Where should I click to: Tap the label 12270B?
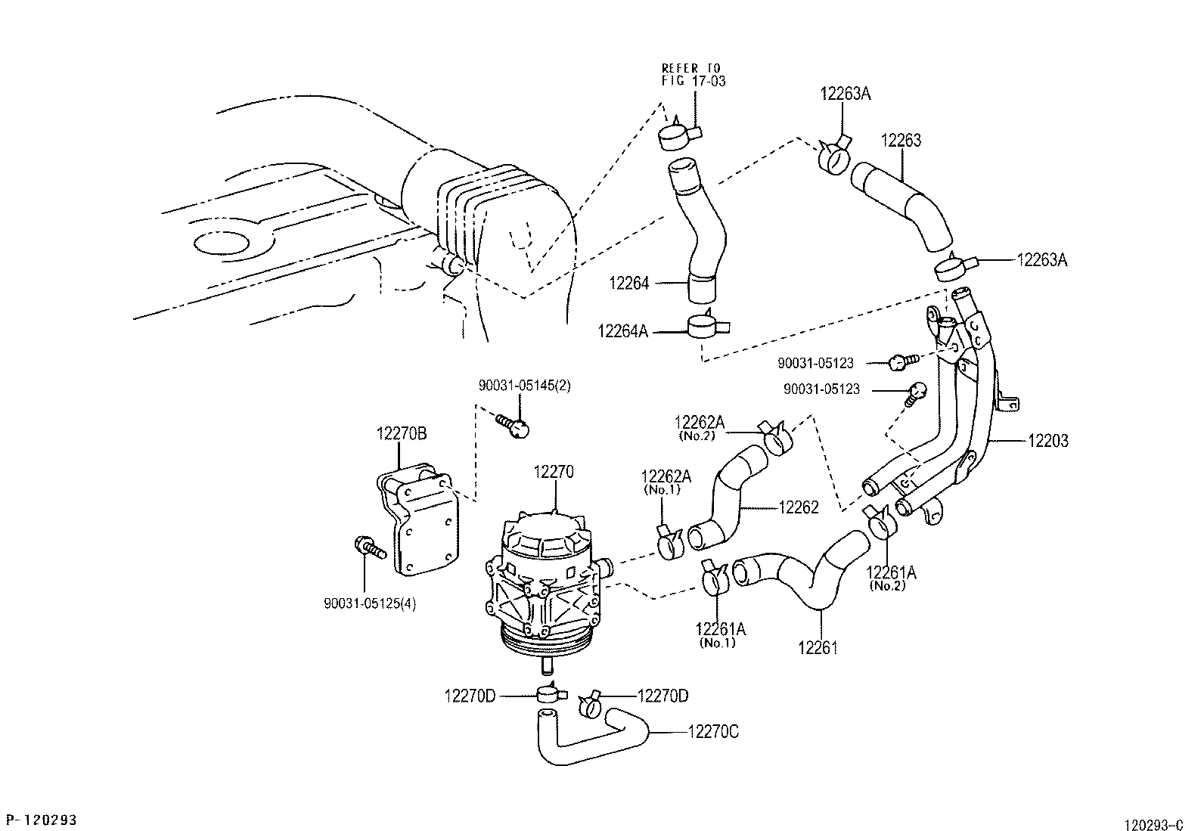click(402, 433)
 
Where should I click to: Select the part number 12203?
click(1047, 441)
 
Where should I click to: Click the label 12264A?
click(622, 331)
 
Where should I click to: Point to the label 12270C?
click(713, 732)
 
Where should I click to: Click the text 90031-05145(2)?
click(524, 386)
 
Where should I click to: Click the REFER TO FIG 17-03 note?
click(693, 74)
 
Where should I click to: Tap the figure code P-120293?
click(42, 820)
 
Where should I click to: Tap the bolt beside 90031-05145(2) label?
click(514, 425)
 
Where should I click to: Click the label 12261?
click(818, 648)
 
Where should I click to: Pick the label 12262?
click(799, 508)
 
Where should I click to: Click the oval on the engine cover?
click(222, 243)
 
